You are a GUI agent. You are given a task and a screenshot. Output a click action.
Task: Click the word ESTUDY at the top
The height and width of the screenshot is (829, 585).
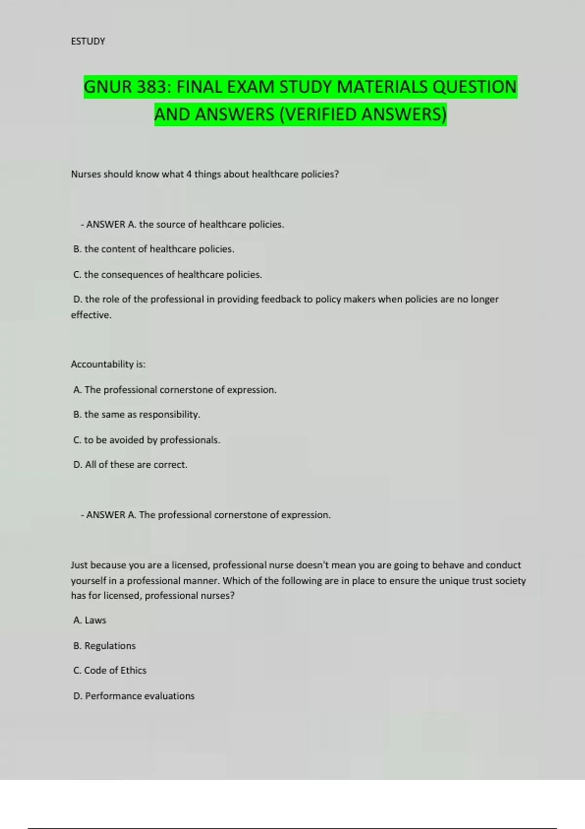(x=88, y=41)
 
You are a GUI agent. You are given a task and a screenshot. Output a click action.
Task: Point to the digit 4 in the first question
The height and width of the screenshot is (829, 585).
(x=189, y=174)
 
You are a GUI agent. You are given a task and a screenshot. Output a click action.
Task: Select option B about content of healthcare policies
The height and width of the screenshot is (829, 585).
(x=154, y=249)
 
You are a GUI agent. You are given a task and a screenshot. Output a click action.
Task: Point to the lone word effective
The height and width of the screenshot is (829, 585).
(x=91, y=315)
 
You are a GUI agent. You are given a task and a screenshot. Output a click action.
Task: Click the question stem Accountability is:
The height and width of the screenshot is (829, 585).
(x=108, y=364)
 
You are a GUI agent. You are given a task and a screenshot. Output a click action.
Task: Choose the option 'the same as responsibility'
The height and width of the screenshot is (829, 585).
(x=136, y=414)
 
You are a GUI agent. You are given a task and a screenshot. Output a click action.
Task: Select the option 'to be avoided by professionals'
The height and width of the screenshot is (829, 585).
(x=146, y=440)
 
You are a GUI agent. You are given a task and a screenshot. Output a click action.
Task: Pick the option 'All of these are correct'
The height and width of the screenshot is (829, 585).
(x=130, y=465)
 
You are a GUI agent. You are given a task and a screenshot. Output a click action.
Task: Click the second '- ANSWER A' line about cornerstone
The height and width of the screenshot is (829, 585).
(x=206, y=515)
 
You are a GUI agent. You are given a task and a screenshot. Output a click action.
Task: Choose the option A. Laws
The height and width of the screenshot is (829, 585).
(x=90, y=620)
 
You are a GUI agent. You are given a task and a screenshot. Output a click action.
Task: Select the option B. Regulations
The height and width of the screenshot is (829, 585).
(x=104, y=646)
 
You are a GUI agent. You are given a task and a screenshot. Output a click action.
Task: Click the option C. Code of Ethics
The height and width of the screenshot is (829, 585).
(x=110, y=671)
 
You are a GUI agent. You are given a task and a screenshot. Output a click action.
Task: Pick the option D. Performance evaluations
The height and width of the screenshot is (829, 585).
(x=134, y=696)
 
